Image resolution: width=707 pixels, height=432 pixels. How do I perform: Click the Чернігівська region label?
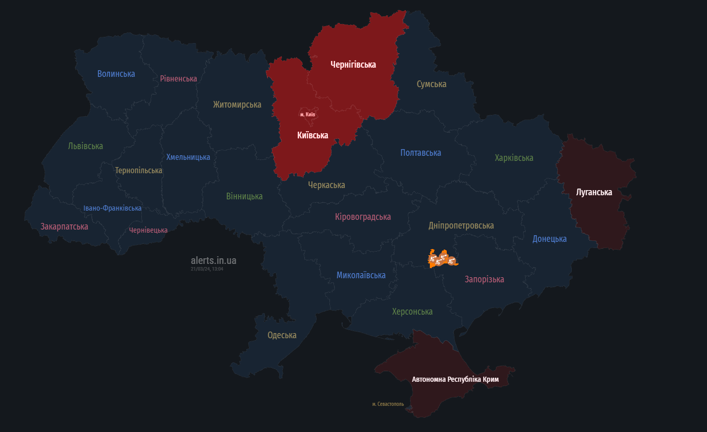pyautogui.click(x=353, y=65)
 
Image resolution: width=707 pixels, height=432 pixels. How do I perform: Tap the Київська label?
pyautogui.click(x=313, y=135)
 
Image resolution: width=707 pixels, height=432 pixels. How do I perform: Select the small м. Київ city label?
pyautogui.click(x=307, y=114)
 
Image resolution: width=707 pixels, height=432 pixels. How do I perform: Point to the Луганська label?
pyautogui.click(x=594, y=193)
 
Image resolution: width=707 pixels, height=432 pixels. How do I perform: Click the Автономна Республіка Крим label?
pyautogui.click(x=455, y=380)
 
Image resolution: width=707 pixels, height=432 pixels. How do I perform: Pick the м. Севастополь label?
pyautogui.click(x=388, y=404)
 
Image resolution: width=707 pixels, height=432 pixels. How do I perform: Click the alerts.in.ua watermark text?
pyautogui.click(x=214, y=261)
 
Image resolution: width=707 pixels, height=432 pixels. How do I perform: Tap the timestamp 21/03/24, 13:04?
pyautogui.click(x=207, y=269)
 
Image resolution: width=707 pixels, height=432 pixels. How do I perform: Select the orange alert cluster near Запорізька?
pyautogui.click(x=442, y=259)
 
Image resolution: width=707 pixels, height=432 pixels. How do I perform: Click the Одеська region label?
pyautogui.click(x=282, y=336)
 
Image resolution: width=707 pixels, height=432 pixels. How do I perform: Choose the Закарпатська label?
pyautogui.click(x=64, y=227)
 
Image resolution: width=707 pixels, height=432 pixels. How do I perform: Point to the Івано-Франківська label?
pyautogui.click(x=112, y=209)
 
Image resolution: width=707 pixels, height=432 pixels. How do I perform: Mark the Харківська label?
pyautogui.click(x=514, y=158)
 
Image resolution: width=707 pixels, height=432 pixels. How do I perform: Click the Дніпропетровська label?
pyautogui.click(x=461, y=225)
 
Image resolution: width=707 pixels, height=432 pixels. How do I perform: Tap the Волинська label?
pyautogui.click(x=116, y=74)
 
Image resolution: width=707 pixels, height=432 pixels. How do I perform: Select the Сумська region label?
pyautogui.click(x=431, y=84)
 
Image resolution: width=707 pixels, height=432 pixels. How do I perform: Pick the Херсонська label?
pyautogui.click(x=412, y=312)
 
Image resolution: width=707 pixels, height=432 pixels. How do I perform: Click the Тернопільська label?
pyautogui.click(x=138, y=171)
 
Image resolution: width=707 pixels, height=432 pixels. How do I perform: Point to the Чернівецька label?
pyautogui.click(x=148, y=231)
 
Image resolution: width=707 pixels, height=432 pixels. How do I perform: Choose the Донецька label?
pyautogui.click(x=549, y=239)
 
